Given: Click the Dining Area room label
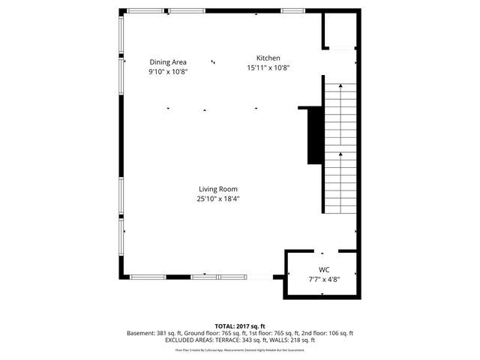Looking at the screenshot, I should click(x=167, y=62).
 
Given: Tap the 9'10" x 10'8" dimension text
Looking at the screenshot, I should click(x=167, y=72).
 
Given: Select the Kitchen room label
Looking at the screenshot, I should click(x=268, y=58).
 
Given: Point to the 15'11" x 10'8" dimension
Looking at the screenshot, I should click(x=268, y=67).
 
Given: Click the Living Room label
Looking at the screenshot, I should click(x=218, y=189).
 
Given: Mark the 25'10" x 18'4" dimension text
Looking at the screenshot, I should click(x=218, y=199).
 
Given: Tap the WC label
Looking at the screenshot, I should click(x=324, y=269).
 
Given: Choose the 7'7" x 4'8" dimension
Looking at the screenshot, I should click(x=324, y=279).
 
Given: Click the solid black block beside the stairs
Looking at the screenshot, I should click(x=313, y=135).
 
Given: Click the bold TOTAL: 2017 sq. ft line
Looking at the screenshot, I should click(x=240, y=326).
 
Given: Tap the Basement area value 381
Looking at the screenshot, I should click(x=162, y=333).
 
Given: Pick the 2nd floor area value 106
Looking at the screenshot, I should click(x=334, y=333).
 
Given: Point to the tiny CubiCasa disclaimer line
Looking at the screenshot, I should click(x=240, y=349).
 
